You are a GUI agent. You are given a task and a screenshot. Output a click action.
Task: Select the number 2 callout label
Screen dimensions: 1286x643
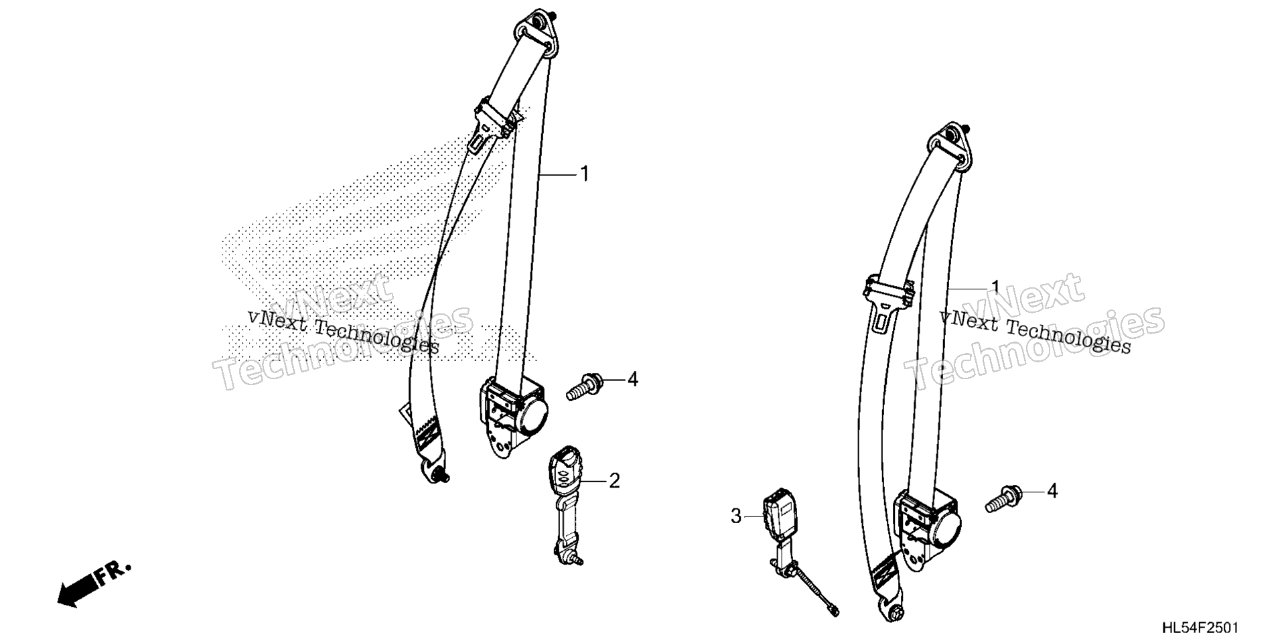tap(614, 481)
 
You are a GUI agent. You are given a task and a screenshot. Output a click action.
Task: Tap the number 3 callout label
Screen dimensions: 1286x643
tap(736, 516)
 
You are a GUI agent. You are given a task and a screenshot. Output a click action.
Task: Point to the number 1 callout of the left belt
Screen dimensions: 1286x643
tap(584, 155)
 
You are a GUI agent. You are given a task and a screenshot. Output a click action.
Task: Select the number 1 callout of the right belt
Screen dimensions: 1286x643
tap(995, 288)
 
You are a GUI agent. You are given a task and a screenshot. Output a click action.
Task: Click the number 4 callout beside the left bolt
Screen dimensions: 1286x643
tap(632, 380)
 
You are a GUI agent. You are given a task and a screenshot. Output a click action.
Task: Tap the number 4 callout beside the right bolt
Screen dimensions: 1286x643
tap(1052, 492)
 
